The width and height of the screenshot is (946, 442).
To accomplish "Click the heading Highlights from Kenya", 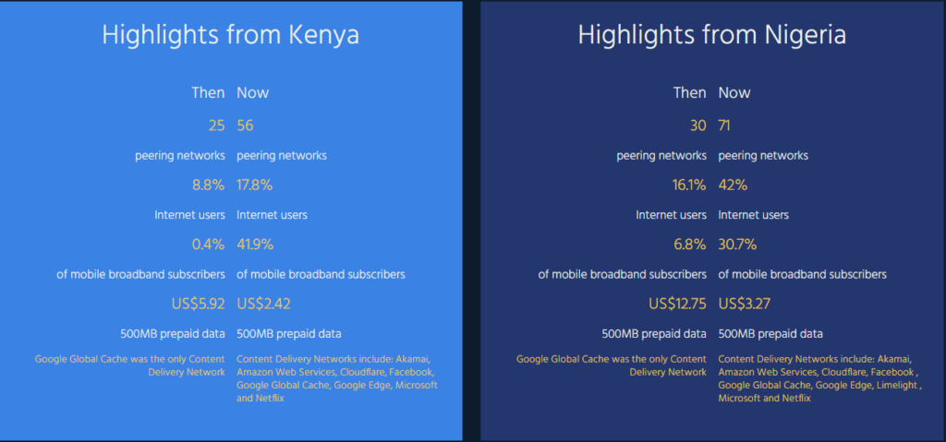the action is (x=230, y=35).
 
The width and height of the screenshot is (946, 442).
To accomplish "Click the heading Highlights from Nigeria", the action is (x=712, y=35).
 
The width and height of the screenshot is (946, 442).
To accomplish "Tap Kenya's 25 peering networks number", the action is (x=216, y=125).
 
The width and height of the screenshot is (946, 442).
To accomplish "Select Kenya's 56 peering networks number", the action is (x=245, y=125).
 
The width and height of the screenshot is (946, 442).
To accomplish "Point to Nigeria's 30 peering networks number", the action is (x=698, y=125).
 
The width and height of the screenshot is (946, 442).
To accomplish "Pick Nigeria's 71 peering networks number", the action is (x=725, y=125).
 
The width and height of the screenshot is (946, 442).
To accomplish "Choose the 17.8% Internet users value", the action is (x=255, y=185).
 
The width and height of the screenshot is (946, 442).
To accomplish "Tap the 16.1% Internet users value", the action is (x=689, y=185).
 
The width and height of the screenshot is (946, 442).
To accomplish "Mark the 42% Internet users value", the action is (x=733, y=185).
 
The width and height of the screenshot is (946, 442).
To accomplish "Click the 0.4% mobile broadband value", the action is (x=209, y=245).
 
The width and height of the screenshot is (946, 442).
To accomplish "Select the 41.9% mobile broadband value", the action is (x=255, y=245).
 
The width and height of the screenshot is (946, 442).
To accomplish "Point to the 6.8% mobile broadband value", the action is (x=690, y=245).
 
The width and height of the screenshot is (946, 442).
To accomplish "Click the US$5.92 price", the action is (x=199, y=304).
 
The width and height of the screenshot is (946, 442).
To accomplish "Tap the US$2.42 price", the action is (x=263, y=304).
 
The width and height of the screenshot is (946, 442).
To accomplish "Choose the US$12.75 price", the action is (x=677, y=304).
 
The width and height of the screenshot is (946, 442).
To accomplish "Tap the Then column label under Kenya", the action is (x=208, y=92).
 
